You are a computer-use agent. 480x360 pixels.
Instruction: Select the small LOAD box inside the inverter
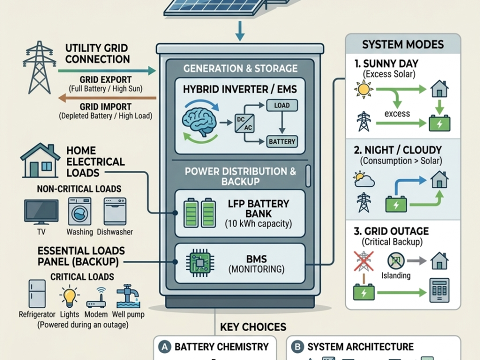[281, 105]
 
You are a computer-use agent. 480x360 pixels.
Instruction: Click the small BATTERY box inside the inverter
[281, 141]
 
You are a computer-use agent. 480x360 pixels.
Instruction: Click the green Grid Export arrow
[107, 71]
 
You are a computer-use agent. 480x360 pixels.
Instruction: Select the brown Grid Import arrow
[107, 98]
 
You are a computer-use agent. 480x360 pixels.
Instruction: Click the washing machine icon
[80, 211]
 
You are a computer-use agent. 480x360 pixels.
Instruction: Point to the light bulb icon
[69, 297]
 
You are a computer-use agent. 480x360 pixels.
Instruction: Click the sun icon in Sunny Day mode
[364, 90]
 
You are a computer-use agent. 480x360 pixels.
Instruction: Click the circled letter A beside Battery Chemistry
[164, 346]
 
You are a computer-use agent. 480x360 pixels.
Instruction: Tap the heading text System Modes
[403, 44]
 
